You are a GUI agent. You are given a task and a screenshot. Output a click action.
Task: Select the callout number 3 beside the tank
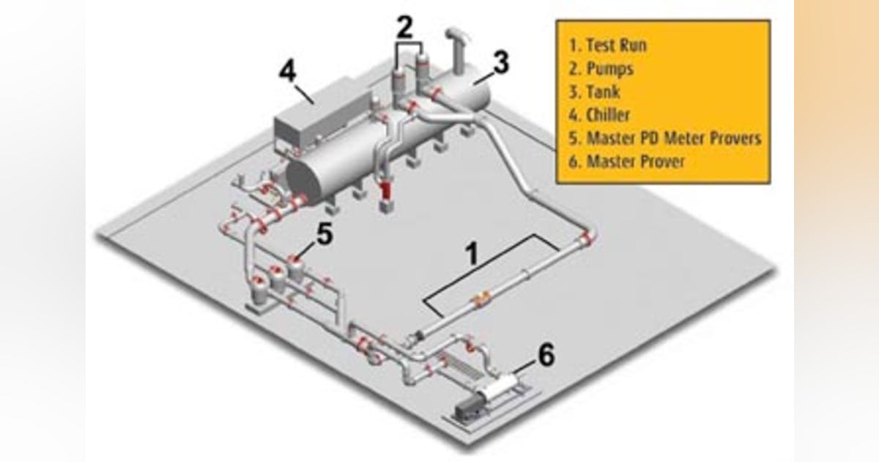coord(500,63)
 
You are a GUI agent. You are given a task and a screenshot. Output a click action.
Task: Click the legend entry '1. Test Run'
coord(609,45)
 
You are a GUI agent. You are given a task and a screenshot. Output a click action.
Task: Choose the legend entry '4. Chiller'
coord(600,115)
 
